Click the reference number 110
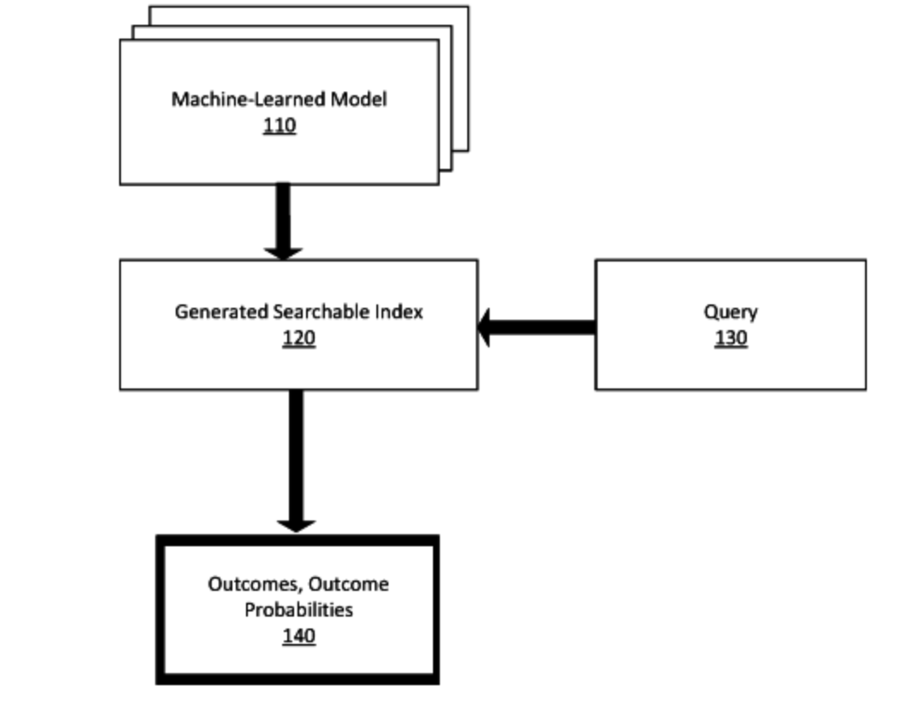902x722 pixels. pos(280,126)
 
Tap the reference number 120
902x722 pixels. pos(298,339)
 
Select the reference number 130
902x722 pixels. pos(731,339)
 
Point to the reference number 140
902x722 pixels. pos(298,636)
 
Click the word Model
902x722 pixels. pos(359,99)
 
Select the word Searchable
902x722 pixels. pos(321,311)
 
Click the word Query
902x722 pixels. pos(731,311)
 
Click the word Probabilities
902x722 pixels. pos(298,611)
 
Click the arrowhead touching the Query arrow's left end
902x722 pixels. pos(486,328)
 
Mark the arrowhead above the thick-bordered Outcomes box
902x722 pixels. pos(296,524)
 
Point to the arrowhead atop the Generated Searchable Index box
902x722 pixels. pos(283,251)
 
